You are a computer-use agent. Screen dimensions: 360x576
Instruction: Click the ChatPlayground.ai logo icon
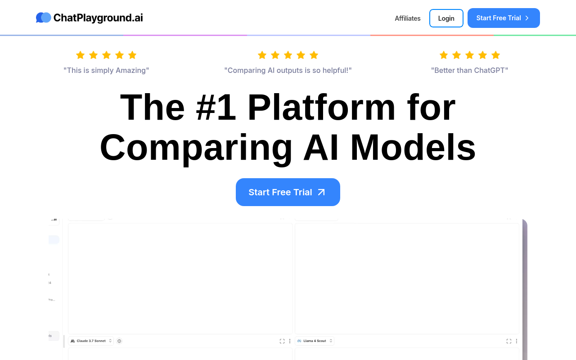[44, 18]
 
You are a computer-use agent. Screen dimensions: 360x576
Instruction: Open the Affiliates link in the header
[407, 18]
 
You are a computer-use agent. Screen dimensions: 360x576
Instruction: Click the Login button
[446, 18]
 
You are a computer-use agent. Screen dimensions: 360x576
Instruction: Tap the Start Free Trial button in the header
[503, 18]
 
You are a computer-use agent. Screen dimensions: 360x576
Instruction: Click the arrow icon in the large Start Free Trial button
[321, 192]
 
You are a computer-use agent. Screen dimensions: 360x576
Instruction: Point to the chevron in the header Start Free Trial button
[527, 18]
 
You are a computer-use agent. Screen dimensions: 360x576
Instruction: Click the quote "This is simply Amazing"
[106, 70]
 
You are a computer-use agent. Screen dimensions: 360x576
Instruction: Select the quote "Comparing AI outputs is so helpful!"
[288, 70]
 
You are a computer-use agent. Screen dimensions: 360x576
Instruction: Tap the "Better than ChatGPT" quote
[469, 70]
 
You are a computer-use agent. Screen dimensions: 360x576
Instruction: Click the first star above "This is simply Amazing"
[81, 55]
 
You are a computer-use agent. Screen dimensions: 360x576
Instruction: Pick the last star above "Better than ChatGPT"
[495, 55]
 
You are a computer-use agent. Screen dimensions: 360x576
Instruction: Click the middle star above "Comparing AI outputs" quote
[288, 55]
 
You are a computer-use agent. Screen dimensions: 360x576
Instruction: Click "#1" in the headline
[216, 107]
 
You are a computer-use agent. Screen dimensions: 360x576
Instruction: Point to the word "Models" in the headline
[413, 147]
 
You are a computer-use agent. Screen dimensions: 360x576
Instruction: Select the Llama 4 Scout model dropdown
[315, 341]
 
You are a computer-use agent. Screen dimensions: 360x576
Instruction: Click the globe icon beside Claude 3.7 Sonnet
[119, 341]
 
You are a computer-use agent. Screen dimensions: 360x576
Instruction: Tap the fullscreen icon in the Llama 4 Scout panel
[508, 341]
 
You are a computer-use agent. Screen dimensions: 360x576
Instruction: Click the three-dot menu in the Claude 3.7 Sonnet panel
[290, 341]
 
